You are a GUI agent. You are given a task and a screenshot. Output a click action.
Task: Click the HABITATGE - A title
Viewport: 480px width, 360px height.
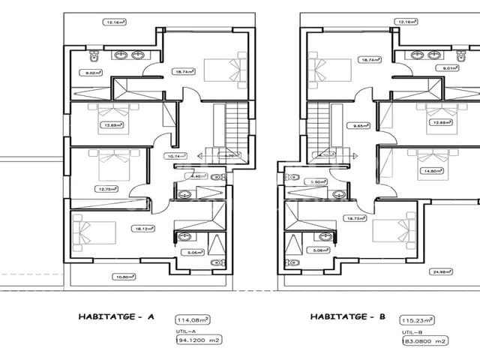click(115, 316)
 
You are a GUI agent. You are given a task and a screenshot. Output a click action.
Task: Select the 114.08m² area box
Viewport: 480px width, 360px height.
click(190, 318)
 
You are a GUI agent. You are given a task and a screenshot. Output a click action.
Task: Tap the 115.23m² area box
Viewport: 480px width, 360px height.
click(417, 318)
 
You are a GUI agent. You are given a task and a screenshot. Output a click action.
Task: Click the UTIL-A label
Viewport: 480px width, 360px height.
click(185, 330)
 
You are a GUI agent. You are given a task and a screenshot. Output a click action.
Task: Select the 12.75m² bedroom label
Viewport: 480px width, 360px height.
click(104, 189)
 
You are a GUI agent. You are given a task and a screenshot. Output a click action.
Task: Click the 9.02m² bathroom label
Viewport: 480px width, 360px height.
click(94, 73)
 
